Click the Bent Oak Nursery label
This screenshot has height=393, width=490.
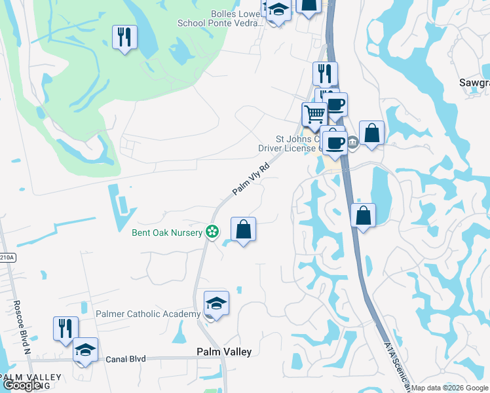coord(167,233)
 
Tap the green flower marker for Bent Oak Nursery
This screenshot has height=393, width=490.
coord(212,231)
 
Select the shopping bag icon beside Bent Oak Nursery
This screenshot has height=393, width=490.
coord(243,230)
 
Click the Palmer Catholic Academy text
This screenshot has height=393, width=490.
coord(148,314)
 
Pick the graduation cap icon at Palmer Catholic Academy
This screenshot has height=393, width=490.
coord(216,303)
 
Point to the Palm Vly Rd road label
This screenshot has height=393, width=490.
coord(252,179)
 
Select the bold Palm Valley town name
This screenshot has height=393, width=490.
coord(224,352)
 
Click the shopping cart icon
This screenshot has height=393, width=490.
coord(314,115)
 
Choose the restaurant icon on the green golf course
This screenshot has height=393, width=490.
coord(124,37)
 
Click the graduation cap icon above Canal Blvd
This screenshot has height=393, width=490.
coord(85,350)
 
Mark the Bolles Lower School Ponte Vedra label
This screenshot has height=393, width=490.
coord(220,18)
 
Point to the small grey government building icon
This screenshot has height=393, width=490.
coord(352,141)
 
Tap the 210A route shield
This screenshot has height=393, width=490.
coord(7,258)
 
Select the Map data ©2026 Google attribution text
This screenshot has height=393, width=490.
coord(450,388)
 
